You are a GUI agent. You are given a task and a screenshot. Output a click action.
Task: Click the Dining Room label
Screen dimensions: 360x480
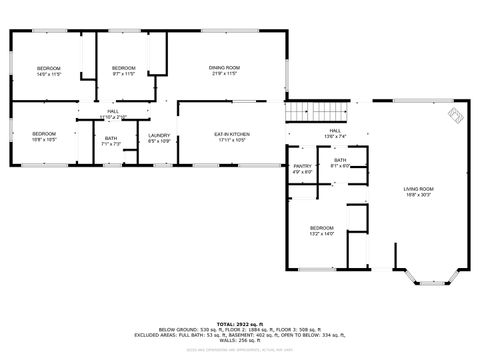pos(224,67)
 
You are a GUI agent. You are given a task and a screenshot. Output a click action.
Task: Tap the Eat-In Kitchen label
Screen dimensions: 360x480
pos(231,133)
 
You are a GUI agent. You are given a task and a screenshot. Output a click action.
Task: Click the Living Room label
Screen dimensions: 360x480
pos(418,188)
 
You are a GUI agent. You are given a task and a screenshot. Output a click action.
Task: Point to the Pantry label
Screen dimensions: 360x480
pos(303,166)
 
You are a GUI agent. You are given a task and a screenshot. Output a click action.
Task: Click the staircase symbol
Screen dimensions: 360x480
pos(319,111)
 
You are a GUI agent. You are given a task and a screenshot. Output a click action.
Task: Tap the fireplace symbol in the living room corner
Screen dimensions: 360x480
pos(456,116)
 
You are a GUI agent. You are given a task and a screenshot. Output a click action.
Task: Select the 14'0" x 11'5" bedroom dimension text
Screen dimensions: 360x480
pos(50,74)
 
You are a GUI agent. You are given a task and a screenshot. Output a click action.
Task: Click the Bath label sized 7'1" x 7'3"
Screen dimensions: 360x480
pos(111,138)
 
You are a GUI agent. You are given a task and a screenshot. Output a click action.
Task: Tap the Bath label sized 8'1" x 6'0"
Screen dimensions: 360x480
pos(340,160)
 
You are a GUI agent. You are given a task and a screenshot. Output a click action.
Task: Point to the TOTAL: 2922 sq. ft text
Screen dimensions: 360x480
pos(239,324)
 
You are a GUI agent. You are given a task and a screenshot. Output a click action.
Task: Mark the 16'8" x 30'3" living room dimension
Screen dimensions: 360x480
pos(418,194)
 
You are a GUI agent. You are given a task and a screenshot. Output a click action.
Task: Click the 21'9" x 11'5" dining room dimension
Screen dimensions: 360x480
pos(224,74)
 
